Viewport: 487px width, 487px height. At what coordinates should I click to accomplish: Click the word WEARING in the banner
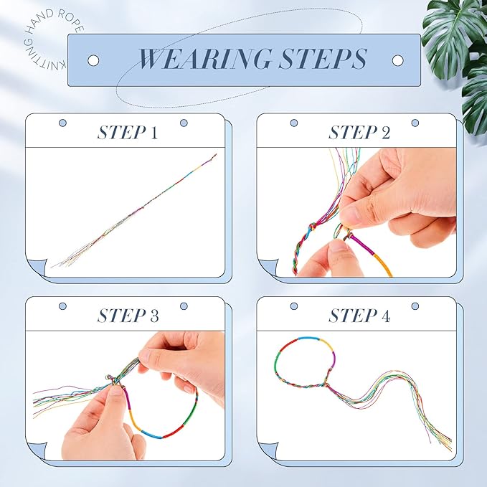point(193,60)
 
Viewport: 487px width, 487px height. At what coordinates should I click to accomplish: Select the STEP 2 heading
point(359,133)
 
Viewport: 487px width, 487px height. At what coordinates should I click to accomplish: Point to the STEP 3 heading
point(128,316)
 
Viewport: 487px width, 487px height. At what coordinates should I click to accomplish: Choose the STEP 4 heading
point(359,316)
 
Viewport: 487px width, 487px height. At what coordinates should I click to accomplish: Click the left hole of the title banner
point(93,60)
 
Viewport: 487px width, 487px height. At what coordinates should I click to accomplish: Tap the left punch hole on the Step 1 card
point(61,123)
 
